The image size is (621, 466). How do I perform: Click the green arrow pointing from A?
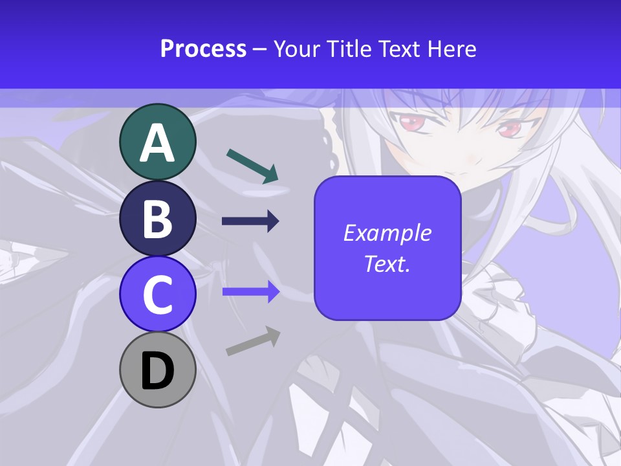pos(252,166)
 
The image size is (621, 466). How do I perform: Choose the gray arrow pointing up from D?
pos(253,341)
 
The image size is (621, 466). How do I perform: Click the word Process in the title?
pos(203,49)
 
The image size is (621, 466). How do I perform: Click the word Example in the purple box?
pos(387,233)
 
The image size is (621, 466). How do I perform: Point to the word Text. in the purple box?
pos(387,263)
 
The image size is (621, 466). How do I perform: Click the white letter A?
pos(158,143)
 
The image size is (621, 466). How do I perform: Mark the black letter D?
pos(158,372)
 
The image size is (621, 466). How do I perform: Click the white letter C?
pos(158,295)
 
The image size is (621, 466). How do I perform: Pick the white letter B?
pos(158,219)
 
